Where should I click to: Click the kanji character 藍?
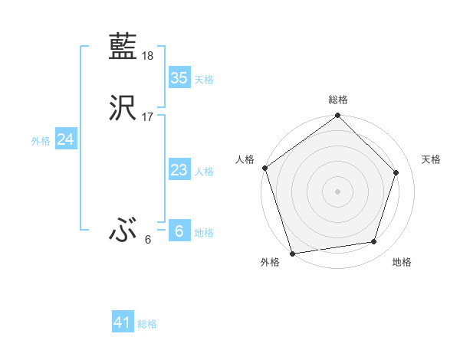coord(123,47)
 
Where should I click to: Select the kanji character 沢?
coord(123,108)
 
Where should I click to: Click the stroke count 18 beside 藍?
coord(148,56)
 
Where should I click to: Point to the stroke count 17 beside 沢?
coord(148,117)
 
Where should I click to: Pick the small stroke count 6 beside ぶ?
coord(148,240)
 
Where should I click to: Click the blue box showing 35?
coord(179,78)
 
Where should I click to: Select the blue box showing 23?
coord(179,170)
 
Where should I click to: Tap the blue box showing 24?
coord(65,139)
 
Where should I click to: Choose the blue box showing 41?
coord(123,323)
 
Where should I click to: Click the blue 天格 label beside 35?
coord(204,80)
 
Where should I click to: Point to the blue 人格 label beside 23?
coord(204,172)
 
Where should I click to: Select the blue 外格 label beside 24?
coord(41,141)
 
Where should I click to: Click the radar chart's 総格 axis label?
coord(338,100)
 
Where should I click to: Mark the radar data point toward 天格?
coord(396,172)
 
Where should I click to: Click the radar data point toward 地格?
coord(374,242)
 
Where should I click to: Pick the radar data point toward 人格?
coord(265,168)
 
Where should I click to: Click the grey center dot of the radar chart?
coord(338,191)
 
